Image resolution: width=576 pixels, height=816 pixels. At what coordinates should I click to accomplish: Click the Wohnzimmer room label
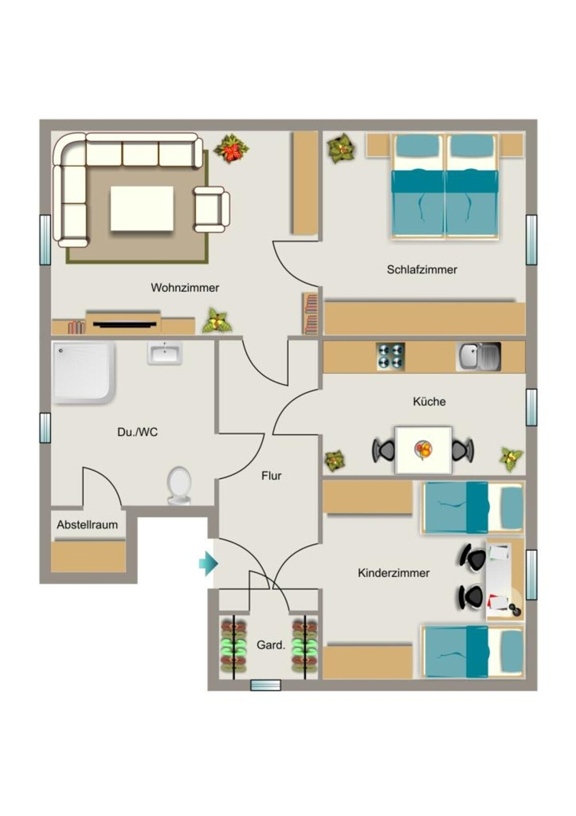(x=185, y=288)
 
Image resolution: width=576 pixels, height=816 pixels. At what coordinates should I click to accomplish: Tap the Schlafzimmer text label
(x=422, y=269)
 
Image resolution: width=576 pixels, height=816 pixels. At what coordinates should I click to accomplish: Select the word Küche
(x=429, y=402)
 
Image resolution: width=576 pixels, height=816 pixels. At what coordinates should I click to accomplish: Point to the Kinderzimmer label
(x=394, y=573)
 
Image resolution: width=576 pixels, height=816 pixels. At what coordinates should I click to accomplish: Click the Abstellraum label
(x=88, y=524)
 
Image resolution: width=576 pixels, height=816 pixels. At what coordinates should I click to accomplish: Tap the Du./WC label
(x=137, y=432)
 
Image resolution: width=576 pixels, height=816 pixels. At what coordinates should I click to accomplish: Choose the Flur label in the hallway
(x=272, y=476)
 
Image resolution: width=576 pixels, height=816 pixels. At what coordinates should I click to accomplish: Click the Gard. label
(x=271, y=645)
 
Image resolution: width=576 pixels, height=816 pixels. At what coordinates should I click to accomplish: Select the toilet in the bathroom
(x=179, y=485)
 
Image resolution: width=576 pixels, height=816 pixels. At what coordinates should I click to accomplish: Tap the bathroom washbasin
(x=164, y=353)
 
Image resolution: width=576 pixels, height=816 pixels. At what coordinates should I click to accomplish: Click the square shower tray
(x=83, y=372)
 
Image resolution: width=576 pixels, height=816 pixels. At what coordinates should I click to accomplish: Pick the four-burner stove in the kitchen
(x=390, y=356)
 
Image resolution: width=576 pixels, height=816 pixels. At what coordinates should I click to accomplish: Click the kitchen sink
(x=479, y=356)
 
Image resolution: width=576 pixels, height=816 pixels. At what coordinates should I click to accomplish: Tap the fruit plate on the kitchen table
(x=424, y=449)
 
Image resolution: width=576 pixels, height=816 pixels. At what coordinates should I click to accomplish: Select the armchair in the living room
(x=211, y=210)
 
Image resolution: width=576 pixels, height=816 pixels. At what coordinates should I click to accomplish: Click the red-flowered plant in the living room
(x=231, y=148)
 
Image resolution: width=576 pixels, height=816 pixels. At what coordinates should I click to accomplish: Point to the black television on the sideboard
(x=125, y=325)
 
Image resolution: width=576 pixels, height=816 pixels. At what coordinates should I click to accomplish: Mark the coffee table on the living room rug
(x=142, y=209)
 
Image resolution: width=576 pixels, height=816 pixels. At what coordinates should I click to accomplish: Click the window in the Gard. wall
(x=266, y=685)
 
